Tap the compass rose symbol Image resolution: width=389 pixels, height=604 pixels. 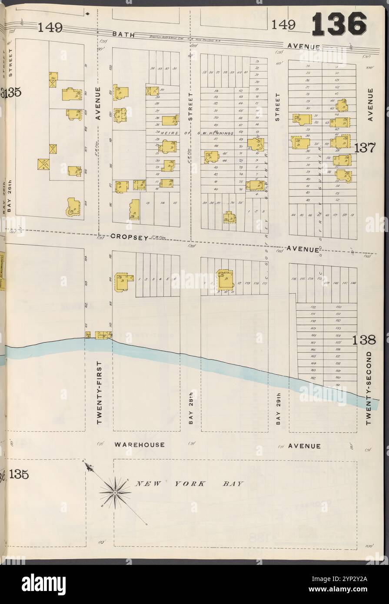pos(115,492)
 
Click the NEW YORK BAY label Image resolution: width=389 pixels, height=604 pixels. pos(190,484)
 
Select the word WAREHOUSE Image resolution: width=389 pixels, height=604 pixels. pos(140,445)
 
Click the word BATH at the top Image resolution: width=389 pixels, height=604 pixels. pos(123,33)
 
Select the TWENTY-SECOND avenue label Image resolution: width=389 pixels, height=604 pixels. pos(369,388)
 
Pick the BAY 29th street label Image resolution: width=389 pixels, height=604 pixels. pos(278,408)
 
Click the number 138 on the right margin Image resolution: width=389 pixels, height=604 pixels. pos(364,340)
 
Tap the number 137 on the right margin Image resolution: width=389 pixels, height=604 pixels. pos(364,148)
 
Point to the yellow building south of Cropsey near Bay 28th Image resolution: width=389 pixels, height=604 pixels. pos(225,279)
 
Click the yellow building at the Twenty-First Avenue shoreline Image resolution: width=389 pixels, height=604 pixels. pos(103,335)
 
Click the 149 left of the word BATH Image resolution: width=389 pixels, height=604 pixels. pos(50,28)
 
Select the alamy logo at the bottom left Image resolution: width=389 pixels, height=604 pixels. pos(43,584)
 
